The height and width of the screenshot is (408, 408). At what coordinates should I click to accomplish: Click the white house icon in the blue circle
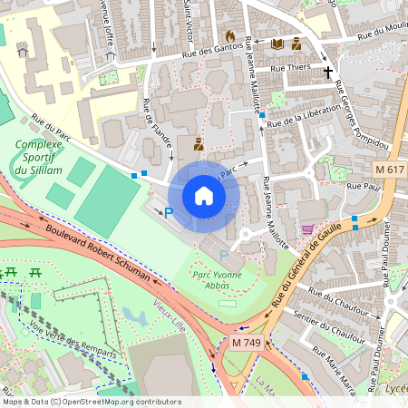(x=204, y=196)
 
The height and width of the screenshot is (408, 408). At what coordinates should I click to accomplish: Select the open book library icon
(x=277, y=44)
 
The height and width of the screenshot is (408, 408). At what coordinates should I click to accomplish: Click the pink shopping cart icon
(x=307, y=230)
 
